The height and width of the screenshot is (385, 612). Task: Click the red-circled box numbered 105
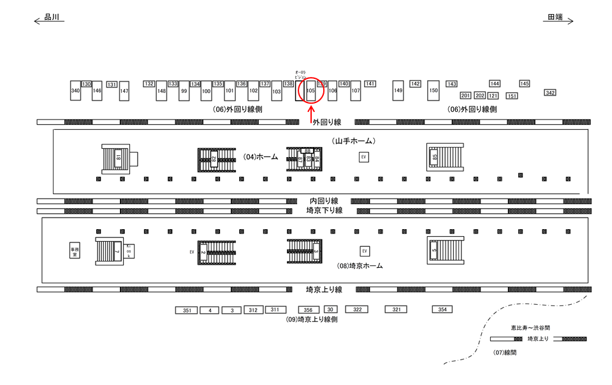pyautogui.click(x=311, y=91)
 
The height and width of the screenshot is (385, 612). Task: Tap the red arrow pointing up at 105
pyautogui.click(x=311, y=115)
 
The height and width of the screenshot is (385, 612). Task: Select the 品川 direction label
pyautogui.click(x=52, y=18)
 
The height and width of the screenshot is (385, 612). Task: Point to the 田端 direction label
pyautogui.click(x=555, y=18)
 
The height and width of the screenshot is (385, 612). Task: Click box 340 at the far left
pyautogui.click(x=75, y=91)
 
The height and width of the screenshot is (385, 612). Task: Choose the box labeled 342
pyautogui.click(x=550, y=93)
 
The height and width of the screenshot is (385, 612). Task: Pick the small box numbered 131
pyautogui.click(x=112, y=85)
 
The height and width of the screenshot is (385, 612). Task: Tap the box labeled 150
pyautogui.click(x=433, y=90)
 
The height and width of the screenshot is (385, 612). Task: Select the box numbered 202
pyautogui.click(x=479, y=95)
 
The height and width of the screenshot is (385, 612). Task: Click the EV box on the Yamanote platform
pyautogui.click(x=364, y=157)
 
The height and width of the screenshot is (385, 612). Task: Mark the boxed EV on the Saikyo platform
pyautogui.click(x=365, y=251)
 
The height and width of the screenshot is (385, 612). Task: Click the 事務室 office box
pyautogui.click(x=75, y=251)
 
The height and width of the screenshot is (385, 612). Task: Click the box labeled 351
pyautogui.click(x=186, y=311)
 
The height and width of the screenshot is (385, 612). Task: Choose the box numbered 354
pyautogui.click(x=442, y=309)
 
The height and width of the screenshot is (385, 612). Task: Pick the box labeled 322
pyautogui.click(x=357, y=309)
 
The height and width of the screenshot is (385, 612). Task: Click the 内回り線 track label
pyautogui.click(x=324, y=201)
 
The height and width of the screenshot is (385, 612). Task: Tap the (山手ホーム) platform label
pyautogui.click(x=353, y=140)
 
